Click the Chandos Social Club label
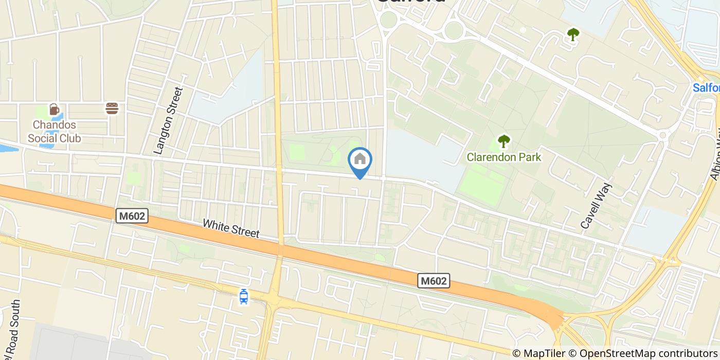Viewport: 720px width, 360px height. tap(54, 131)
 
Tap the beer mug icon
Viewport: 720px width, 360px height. tap(54, 109)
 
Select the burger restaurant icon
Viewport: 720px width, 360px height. tap(112, 109)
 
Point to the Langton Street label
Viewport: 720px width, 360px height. tap(169, 121)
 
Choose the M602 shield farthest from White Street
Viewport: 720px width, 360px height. tap(434, 281)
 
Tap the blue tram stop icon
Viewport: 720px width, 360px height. tap(244, 296)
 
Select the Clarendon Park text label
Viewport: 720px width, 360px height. tap(504, 157)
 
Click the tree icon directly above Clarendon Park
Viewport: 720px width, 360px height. tap(504, 141)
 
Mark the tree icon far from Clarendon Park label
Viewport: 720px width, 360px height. tap(573, 35)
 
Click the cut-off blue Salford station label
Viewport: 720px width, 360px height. tap(706, 88)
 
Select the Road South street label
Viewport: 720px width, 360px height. tap(14, 329)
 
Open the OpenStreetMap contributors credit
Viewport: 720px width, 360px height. tap(649, 353)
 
